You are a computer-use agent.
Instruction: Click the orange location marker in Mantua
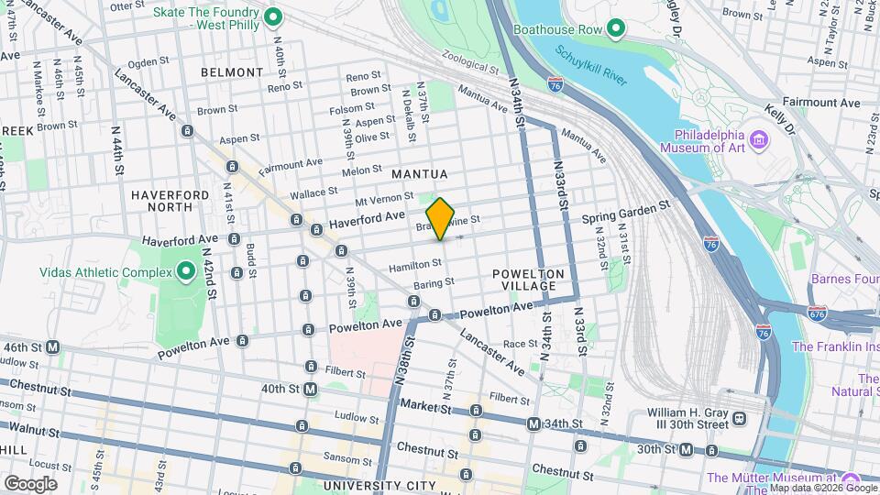click(441, 218)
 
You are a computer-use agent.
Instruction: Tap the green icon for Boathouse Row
click(616, 29)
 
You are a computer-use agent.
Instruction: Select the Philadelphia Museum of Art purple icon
click(759, 138)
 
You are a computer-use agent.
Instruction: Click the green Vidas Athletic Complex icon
click(186, 271)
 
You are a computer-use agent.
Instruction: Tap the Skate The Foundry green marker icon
click(272, 17)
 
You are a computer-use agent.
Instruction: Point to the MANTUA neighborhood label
click(419, 174)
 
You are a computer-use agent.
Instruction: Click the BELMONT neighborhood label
click(232, 71)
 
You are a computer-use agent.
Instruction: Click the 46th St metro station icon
click(53, 347)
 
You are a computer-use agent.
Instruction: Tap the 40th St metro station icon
click(311, 389)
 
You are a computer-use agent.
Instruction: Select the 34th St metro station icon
click(533, 423)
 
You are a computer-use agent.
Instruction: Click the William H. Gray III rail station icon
click(739, 419)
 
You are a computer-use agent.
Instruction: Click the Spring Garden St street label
click(626, 218)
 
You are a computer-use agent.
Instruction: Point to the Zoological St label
click(469, 61)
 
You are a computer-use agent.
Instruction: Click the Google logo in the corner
click(30, 483)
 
